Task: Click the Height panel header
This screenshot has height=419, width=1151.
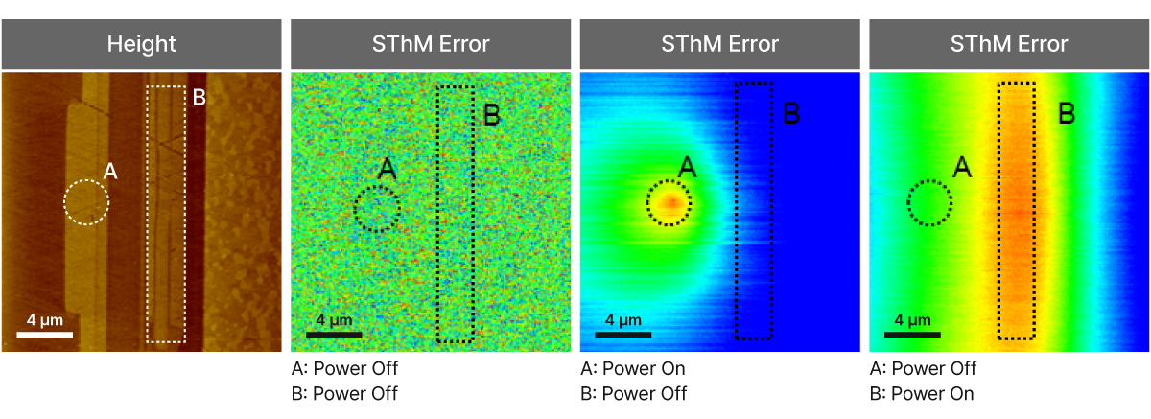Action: point(141,44)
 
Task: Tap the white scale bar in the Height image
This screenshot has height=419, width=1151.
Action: point(44,335)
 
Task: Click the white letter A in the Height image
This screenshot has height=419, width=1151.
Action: point(110,172)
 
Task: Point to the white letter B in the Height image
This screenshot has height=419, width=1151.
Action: point(200,97)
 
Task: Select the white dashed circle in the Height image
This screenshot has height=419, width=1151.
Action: point(86,202)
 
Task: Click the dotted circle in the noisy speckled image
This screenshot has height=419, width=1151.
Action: point(376,208)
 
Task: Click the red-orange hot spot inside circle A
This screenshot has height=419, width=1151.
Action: point(669,202)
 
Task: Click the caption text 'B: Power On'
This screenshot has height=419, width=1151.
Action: point(921,393)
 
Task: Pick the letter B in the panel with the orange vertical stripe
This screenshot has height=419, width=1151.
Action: point(1066,114)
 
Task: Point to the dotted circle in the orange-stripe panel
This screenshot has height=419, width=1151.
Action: point(929,202)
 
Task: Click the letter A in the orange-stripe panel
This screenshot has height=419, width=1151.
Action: point(962,168)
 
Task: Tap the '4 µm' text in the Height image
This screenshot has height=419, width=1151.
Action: point(45,318)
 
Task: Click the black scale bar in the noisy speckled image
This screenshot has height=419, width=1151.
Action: point(334,335)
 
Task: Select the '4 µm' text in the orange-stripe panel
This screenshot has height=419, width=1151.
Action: point(911,318)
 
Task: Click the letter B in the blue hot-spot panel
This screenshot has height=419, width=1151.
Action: point(791,114)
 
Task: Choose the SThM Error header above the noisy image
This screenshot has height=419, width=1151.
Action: point(431,44)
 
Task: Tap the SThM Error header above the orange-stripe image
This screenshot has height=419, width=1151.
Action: point(1009,44)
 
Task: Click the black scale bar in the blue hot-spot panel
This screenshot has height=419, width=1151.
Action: point(622,335)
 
